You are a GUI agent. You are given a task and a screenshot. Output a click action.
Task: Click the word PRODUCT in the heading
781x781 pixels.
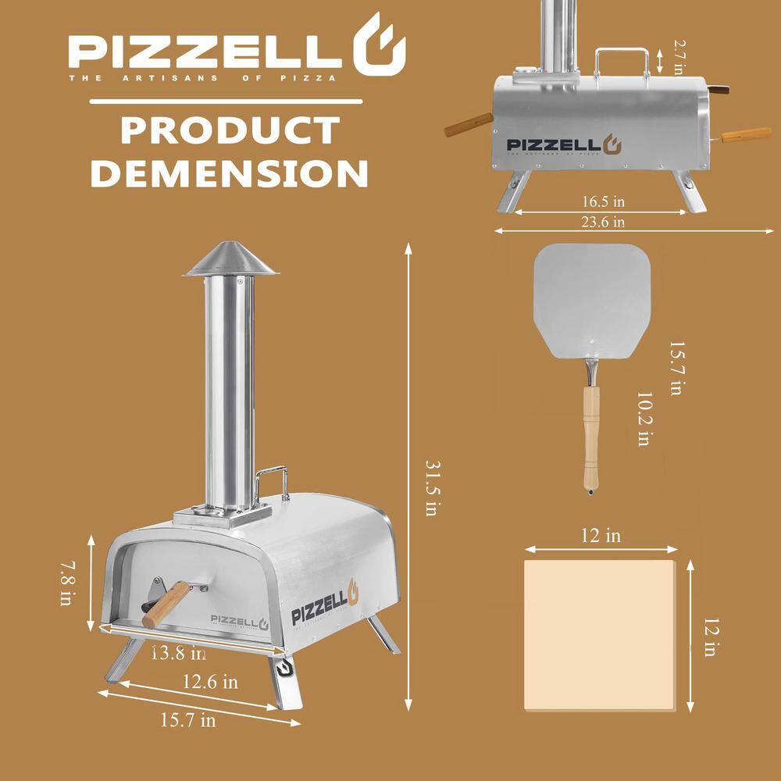pyautogui.click(x=228, y=130)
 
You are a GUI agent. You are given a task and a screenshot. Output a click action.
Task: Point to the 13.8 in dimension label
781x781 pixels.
pyautogui.click(x=179, y=651)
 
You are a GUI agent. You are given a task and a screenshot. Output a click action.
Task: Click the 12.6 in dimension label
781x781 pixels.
pyautogui.click(x=209, y=681)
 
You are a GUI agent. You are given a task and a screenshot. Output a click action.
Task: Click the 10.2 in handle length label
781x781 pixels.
pyautogui.click(x=642, y=419)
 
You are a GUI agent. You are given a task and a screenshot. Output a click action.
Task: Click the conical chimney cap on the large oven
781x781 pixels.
pyautogui.click(x=230, y=260)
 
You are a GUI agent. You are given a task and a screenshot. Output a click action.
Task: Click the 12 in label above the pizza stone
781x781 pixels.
pyautogui.click(x=601, y=536)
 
